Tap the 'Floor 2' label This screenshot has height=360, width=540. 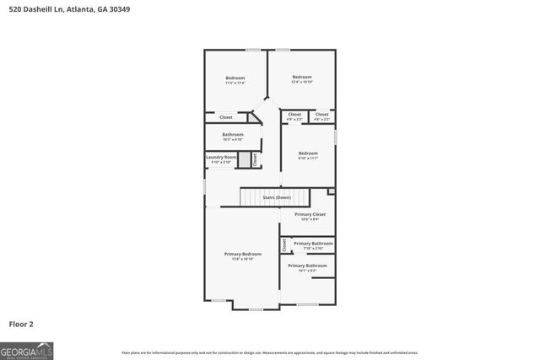22,323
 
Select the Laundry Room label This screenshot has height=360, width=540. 220,157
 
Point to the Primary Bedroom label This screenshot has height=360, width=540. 242,254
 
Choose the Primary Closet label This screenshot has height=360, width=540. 310,215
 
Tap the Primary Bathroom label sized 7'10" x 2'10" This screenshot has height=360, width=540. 313,244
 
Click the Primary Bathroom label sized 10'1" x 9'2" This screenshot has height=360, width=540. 307,266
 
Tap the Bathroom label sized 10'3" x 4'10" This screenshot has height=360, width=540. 233,135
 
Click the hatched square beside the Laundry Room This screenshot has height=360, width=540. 244,159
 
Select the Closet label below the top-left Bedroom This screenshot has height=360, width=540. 226,117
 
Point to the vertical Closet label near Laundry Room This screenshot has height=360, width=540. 254,159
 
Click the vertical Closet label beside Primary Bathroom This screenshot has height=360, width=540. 284,244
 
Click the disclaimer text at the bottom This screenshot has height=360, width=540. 269,352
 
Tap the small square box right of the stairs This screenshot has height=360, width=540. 332,191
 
